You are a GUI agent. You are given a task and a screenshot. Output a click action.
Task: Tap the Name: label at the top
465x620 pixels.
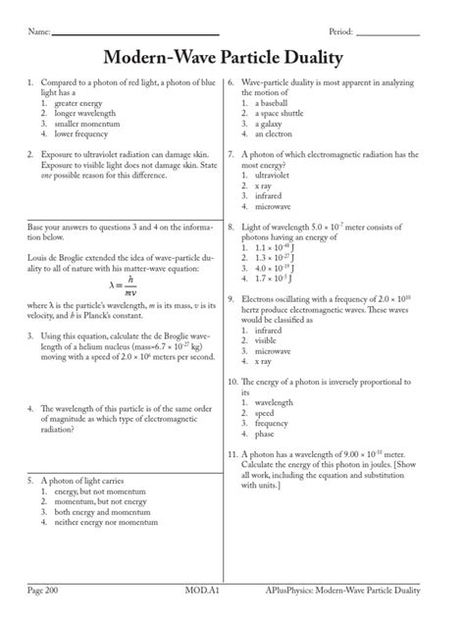pyautogui.click(x=39, y=32)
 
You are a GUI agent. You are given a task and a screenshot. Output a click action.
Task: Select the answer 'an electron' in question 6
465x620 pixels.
pyautogui.click(x=275, y=133)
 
